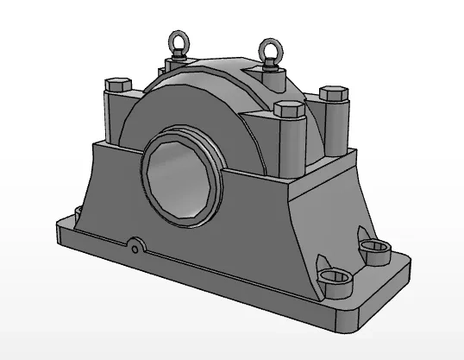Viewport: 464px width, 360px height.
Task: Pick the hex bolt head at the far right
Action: [332, 92]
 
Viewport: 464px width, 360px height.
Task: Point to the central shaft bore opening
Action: [180, 177]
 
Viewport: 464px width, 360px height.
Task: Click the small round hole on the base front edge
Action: [135, 249]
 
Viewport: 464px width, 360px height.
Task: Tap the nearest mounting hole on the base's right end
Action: [336, 276]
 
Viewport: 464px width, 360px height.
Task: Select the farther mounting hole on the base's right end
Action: [376, 251]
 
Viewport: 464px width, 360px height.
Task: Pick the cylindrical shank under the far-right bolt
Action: [335, 125]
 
